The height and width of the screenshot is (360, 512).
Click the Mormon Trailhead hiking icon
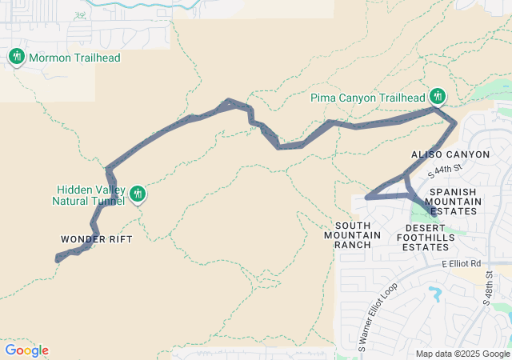[x=17, y=57]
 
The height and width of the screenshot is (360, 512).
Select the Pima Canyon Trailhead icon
[x=437, y=97]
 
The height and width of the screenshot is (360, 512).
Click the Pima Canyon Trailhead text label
[x=367, y=98]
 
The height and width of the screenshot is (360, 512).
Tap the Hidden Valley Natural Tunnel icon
[x=138, y=193]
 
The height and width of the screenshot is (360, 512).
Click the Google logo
[x=26, y=350]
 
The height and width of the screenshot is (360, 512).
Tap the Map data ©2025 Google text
[x=462, y=354]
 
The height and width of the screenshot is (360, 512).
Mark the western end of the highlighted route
[x=57, y=259]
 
